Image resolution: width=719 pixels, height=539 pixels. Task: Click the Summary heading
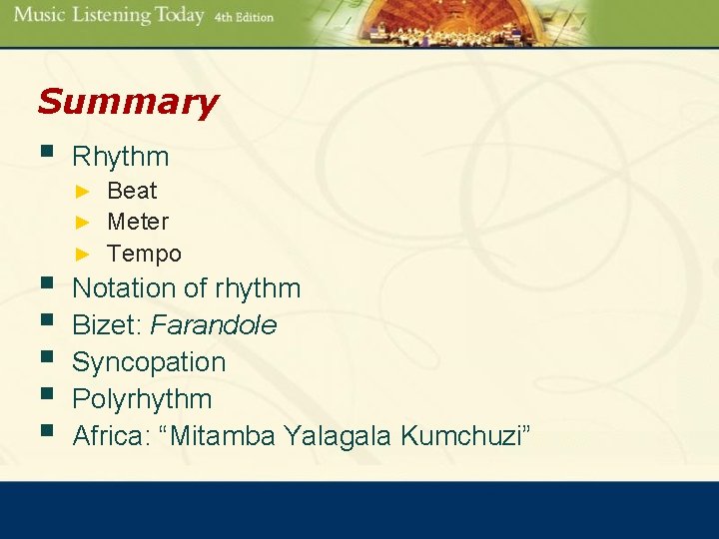127,102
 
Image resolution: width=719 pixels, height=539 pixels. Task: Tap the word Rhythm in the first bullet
121,157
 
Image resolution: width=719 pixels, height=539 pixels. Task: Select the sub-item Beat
132,191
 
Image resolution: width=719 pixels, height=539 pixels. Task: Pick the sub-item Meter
138,222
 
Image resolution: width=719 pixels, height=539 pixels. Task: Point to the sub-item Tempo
144,254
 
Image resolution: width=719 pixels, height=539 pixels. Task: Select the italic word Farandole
214,325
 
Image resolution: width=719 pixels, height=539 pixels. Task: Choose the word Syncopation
149,361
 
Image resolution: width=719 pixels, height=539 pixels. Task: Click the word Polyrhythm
142,398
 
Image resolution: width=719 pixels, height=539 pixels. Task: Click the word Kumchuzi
465,435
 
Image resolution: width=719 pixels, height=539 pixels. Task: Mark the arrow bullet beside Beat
85,191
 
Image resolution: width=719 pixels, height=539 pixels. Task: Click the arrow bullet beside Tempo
85,255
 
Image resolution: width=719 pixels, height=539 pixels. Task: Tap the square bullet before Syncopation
44,359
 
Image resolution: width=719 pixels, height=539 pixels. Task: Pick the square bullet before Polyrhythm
44,396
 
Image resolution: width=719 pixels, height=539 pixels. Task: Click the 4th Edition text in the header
243,17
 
